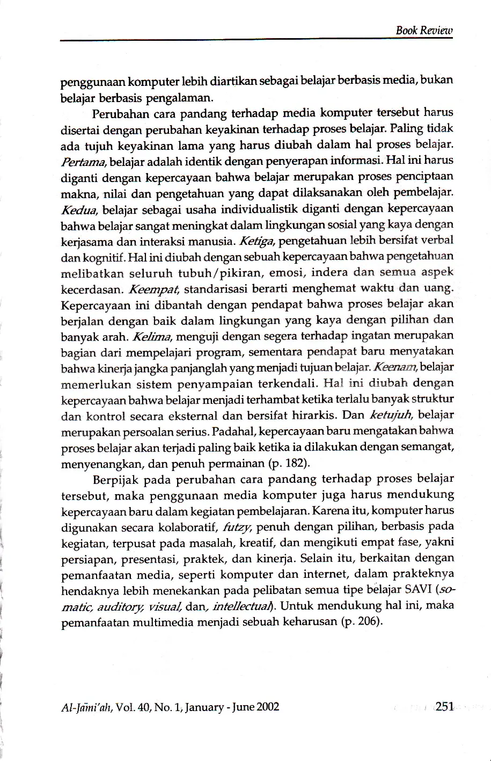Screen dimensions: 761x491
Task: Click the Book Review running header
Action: [x=424, y=30]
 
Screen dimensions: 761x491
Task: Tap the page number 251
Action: [x=445, y=706]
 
